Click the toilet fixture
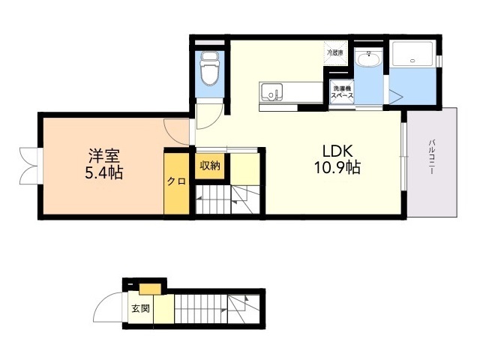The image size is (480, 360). point(209,68)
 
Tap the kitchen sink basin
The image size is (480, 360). point(271,91)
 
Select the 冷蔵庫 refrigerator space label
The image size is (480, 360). point(335,52)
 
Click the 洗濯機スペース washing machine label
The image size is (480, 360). point(343,91)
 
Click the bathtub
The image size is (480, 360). point(412,53)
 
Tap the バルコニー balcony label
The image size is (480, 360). point(432,157)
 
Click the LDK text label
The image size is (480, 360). point(337,151)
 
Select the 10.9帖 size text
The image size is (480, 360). point(337,167)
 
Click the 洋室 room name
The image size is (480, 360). point(104,156)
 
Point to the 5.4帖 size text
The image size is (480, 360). point(103,173)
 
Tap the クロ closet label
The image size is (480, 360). point(176,181)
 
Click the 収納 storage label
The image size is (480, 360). point(210,166)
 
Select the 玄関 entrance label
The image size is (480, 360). point(141,308)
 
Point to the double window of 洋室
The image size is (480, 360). point(29,166)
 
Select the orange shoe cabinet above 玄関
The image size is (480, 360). point(150,289)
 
